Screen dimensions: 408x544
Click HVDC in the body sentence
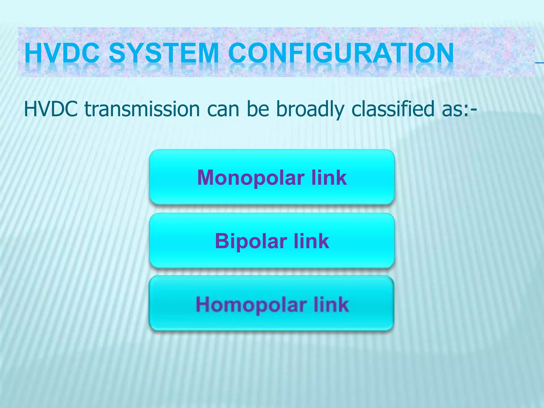tap(51, 109)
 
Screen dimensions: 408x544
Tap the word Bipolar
tap(250, 241)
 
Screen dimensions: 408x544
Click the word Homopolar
tap(251, 305)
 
